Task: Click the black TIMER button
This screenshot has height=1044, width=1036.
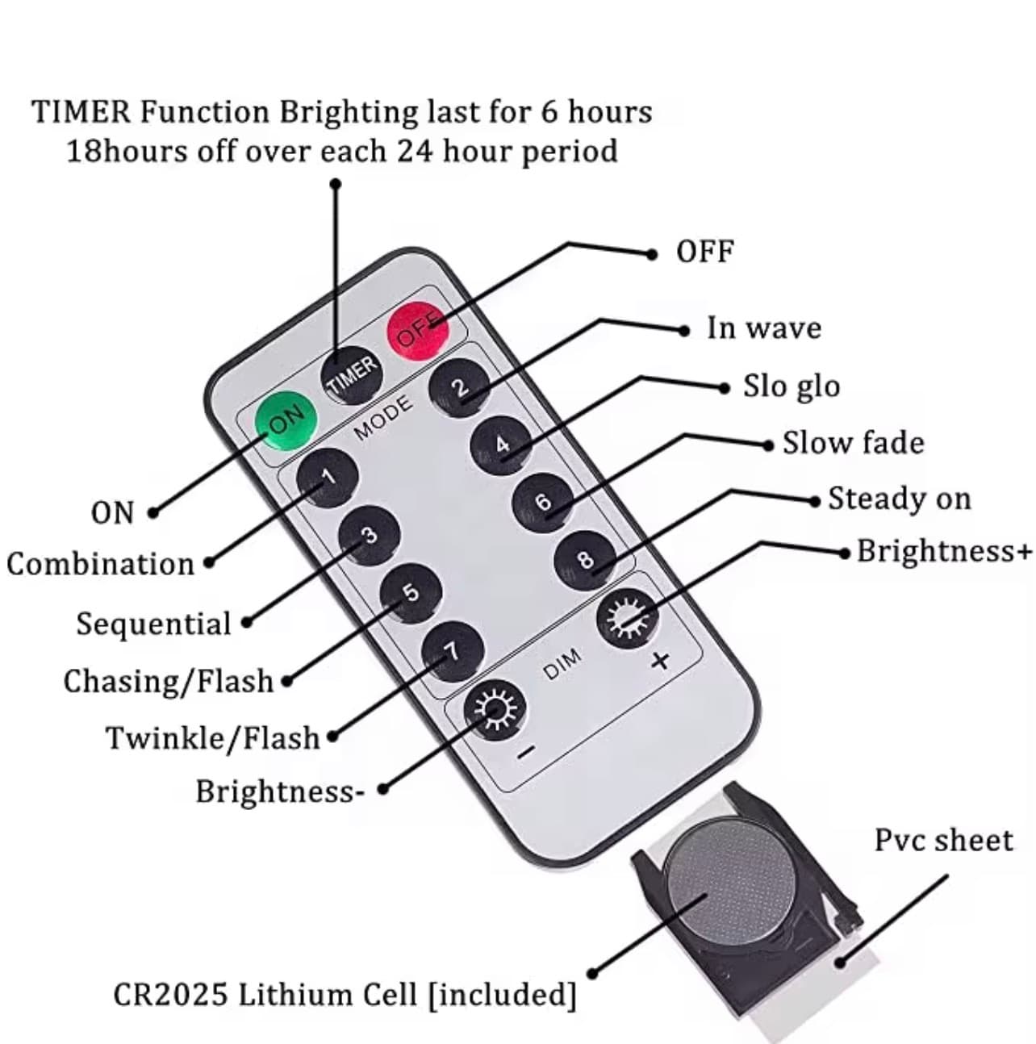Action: pos(353,377)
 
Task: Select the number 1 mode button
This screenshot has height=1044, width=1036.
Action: pos(328,478)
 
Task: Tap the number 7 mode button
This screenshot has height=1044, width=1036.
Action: pos(453,651)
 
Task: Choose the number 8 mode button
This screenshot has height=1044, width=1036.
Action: pos(586,559)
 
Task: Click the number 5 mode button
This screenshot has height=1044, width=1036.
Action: pos(411,593)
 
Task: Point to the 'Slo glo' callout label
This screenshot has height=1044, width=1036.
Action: pos(792,386)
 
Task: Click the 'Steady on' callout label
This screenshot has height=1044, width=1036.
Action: pos(900,499)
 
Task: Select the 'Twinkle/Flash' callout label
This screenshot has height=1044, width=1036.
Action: pos(213,737)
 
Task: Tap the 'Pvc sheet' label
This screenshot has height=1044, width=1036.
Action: pos(943,840)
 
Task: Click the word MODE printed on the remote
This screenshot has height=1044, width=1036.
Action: pos(383,418)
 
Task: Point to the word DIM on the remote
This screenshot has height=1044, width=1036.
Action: pos(562,664)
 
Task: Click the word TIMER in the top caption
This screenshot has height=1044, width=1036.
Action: pos(81,111)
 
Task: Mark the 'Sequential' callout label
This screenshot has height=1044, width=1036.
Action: pos(153,624)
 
